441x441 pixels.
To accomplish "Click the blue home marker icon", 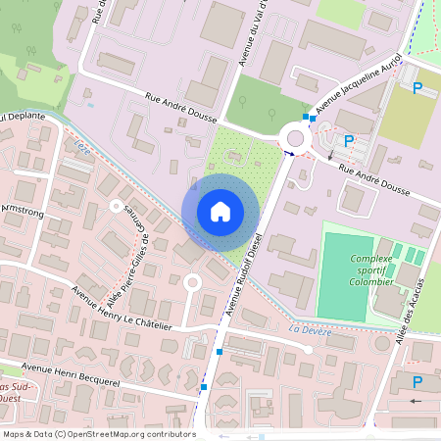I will [220, 212].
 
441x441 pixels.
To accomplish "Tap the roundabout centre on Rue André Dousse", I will [294, 136].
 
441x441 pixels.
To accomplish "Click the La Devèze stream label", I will [311, 331].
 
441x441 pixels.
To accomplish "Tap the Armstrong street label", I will [23, 210].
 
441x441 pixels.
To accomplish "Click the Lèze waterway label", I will [80, 148].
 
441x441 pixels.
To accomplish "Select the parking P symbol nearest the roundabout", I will [348, 140].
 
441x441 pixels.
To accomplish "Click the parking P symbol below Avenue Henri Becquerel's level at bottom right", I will [418, 382].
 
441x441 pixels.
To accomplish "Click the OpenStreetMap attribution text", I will [98, 433].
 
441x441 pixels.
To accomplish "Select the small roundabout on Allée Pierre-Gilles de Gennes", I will [116, 207].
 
